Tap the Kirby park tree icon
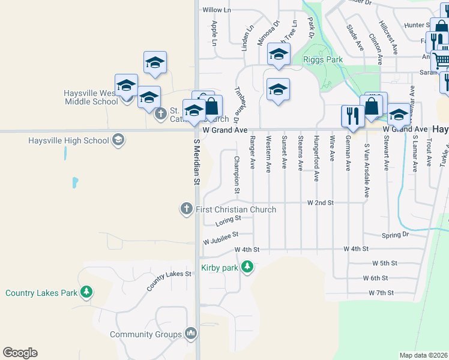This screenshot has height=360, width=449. [247, 268]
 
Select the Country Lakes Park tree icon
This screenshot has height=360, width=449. [87, 293]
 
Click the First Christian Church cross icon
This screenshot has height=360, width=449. [186, 209]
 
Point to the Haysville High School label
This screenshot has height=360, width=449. [68, 140]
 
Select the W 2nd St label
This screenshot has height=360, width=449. [320, 203]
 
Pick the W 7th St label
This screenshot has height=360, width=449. [381, 293]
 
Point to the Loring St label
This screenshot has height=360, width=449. [227, 223]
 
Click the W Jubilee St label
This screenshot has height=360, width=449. [220, 238]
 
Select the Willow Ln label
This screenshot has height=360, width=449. [216, 10]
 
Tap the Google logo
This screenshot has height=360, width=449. [20, 353]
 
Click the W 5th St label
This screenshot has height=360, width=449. [385, 263]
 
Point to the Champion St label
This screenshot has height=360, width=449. [237, 175]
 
